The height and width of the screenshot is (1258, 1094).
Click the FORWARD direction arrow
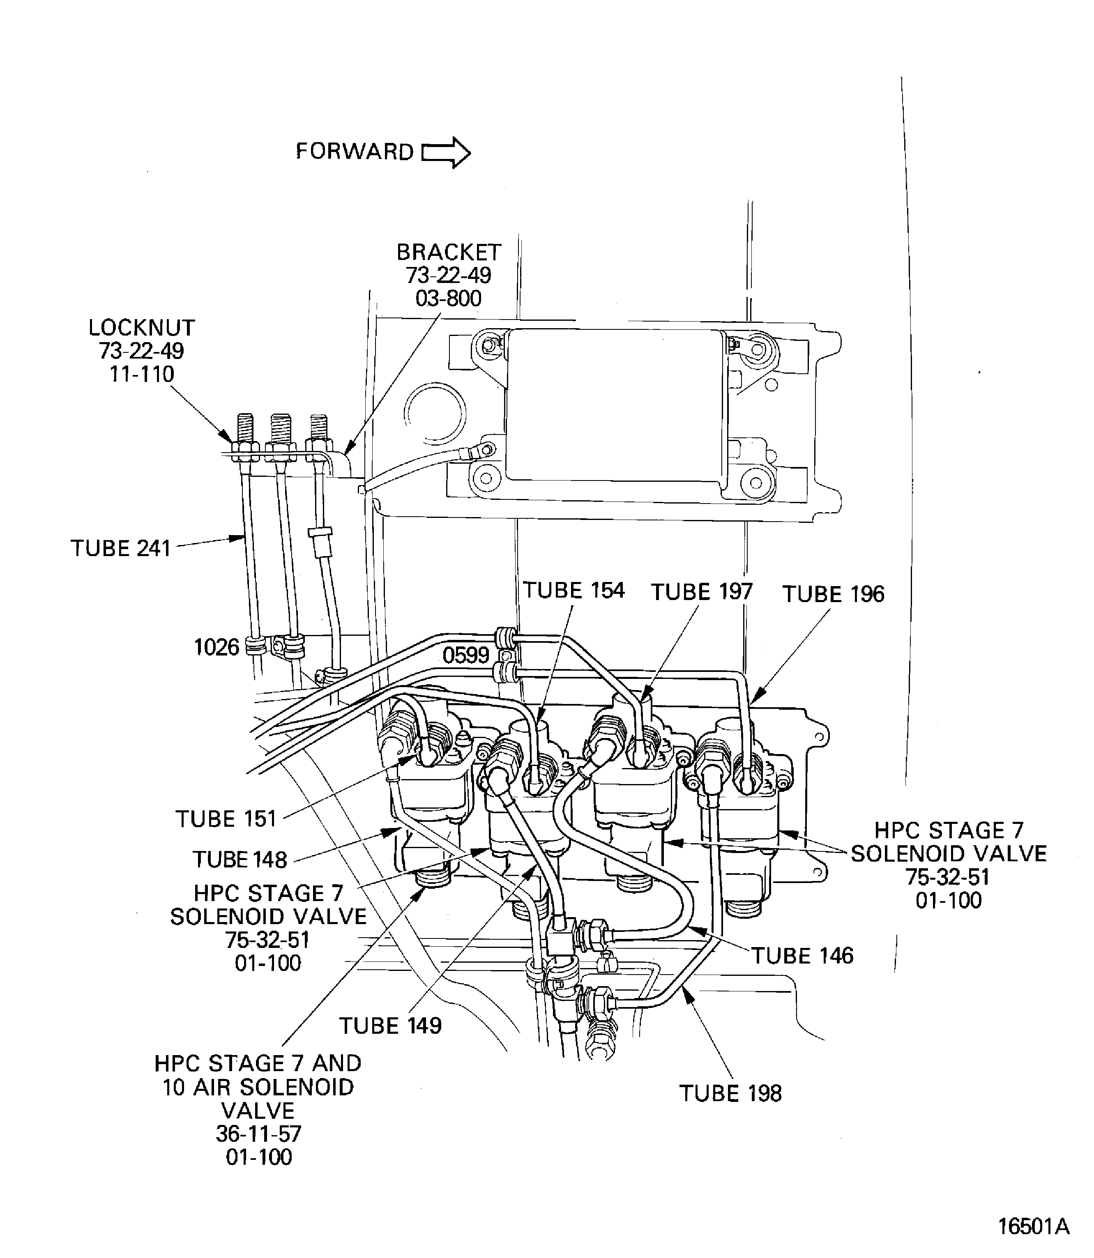tap(446, 152)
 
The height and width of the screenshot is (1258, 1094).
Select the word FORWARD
tap(355, 152)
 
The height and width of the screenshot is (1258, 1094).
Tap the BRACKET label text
tap(449, 252)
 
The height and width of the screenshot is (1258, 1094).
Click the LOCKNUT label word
tap(142, 328)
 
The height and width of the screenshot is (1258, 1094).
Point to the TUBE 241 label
tap(121, 548)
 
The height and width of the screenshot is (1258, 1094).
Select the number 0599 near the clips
tap(466, 655)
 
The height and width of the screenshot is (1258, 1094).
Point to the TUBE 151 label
tap(226, 819)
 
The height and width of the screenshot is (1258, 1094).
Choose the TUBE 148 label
tap(240, 860)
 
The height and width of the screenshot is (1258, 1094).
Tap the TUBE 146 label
tap(801, 955)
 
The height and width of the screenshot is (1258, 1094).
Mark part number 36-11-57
tap(258, 1134)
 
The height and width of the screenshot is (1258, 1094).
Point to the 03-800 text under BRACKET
tap(448, 299)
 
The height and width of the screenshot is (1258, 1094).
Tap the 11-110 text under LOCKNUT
tap(142, 374)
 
